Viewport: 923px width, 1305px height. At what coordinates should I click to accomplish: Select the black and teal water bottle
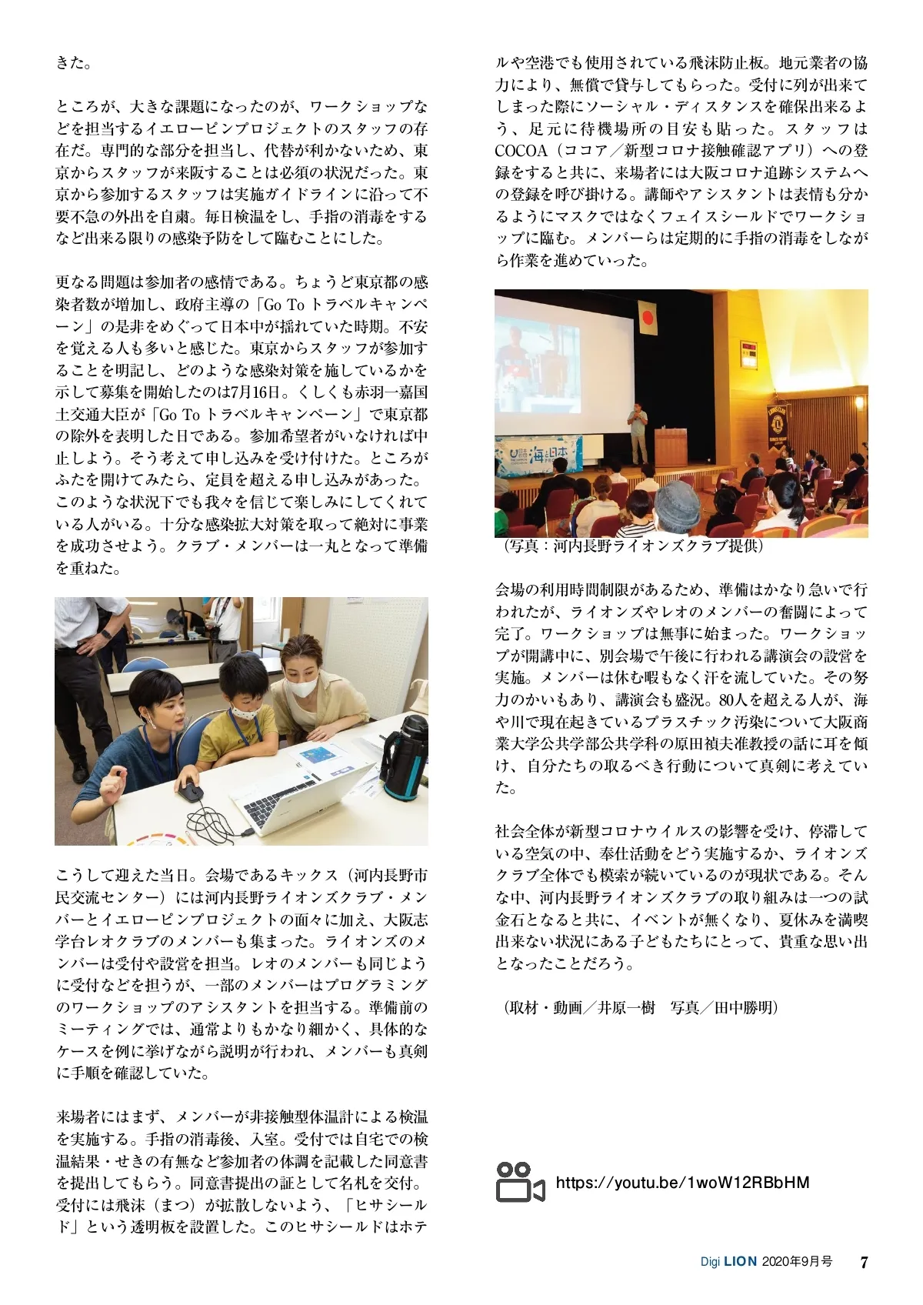pyautogui.click(x=405, y=758)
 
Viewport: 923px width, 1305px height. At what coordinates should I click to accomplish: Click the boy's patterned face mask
pyautogui.click(x=245, y=712)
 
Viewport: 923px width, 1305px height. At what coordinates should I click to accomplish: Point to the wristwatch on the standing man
pyautogui.click(x=105, y=634)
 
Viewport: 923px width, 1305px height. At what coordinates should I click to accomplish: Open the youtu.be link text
pyautogui.click(x=682, y=1183)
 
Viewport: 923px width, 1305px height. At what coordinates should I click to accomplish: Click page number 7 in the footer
pyautogui.click(x=864, y=1263)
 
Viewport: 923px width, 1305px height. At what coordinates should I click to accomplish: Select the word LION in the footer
pyautogui.click(x=740, y=1263)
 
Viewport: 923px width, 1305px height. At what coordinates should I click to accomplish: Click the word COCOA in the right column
pyautogui.click(x=521, y=151)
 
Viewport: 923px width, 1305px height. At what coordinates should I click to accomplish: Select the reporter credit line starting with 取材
pyautogui.click(x=640, y=1007)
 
